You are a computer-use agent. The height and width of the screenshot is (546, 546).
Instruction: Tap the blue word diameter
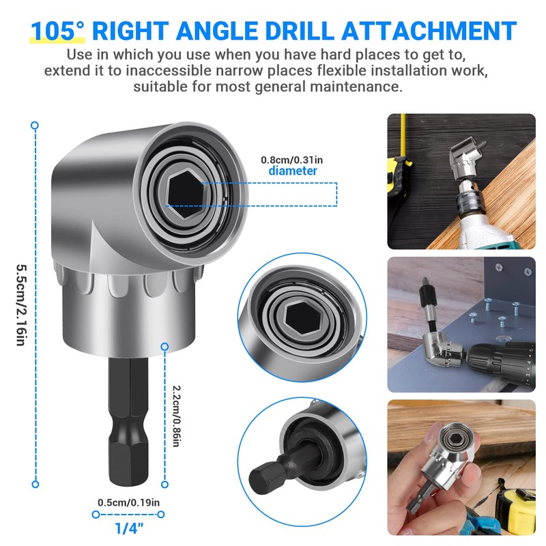(292, 171)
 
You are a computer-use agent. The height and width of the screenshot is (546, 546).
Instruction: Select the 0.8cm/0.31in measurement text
(292, 159)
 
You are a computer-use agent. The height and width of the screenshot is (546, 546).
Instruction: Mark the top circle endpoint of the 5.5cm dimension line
(35, 126)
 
